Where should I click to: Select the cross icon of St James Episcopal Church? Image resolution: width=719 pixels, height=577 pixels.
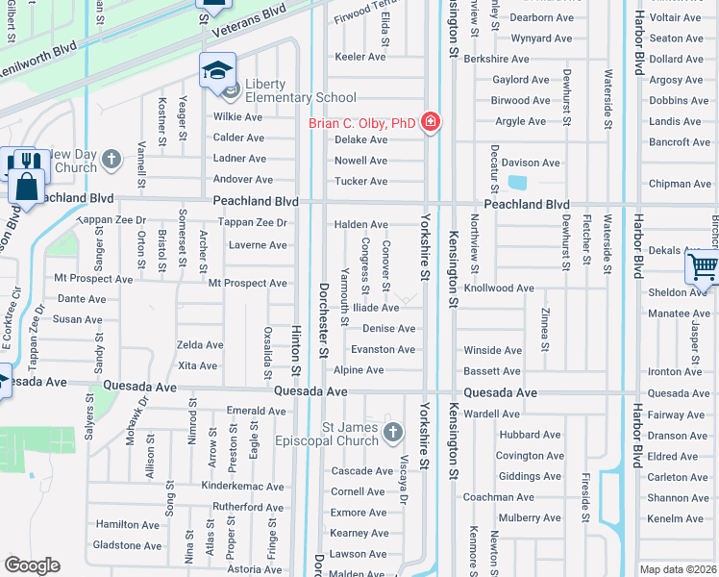(x=392, y=434)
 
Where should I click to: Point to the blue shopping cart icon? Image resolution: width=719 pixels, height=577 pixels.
(x=704, y=268)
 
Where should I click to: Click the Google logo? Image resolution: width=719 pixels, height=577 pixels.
(x=32, y=565)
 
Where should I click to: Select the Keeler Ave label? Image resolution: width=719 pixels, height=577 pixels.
(x=359, y=57)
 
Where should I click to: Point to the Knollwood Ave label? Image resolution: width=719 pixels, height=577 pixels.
(x=499, y=288)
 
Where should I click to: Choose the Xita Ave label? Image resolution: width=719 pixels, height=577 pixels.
(x=198, y=365)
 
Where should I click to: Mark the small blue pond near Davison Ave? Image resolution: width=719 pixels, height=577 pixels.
(x=516, y=183)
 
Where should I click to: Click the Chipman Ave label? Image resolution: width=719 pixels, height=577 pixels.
(x=680, y=184)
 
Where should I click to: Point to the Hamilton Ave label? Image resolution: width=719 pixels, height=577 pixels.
(x=128, y=524)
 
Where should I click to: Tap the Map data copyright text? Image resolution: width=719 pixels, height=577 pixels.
(x=678, y=569)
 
